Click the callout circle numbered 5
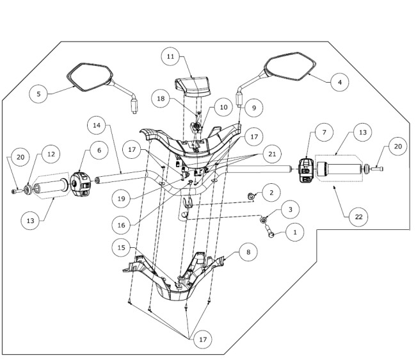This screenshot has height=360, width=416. tap(38, 94)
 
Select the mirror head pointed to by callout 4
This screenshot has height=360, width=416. tap(290, 67)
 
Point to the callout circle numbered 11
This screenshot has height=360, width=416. tap(171, 56)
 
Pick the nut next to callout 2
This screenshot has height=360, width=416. tap(251, 197)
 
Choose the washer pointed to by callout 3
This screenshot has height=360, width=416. tap(264, 220)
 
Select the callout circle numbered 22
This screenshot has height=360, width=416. tap(358, 217)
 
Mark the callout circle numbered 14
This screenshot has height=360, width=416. tap(97, 125)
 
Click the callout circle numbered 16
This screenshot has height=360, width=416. tap(121, 225)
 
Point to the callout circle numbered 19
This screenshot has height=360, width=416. tap(121, 199)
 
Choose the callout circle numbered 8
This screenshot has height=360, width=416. tap(248, 252)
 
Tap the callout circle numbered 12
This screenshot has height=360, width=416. tap(51, 154)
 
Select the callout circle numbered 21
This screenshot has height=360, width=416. tap(272, 154)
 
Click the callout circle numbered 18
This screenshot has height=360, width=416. tap(161, 99)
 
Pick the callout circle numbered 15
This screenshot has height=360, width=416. tap(121, 247)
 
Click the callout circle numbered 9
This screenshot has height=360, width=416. tap(254, 108)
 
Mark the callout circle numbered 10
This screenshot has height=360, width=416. tap(223, 107)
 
